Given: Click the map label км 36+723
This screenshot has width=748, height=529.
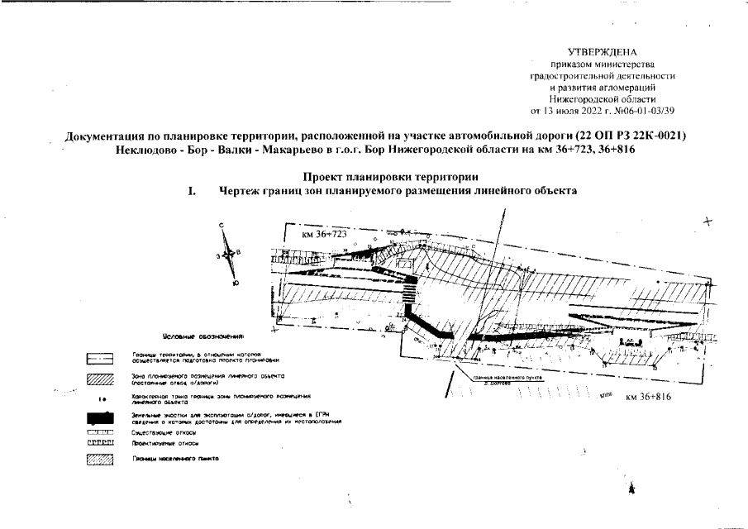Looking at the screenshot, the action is coord(323,235).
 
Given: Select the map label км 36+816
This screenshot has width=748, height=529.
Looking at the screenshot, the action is coord(647,398).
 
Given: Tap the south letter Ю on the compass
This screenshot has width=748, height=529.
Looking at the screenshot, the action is coord(236,284).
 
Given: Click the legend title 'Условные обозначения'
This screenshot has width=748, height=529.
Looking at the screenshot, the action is coord(204,338).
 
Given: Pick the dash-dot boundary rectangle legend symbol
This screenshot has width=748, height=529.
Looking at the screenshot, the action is coord(99,359).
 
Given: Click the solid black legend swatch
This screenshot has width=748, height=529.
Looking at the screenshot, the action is coord(99,417).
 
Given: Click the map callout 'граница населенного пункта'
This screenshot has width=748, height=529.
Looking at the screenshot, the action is coord(504,379).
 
